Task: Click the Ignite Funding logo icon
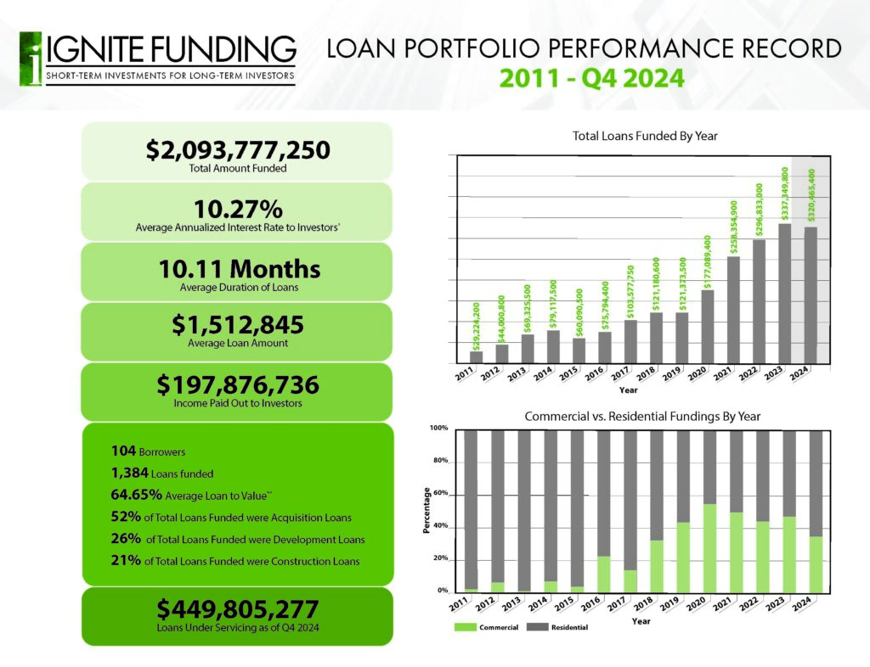[x=31, y=59]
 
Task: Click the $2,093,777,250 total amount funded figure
[x=238, y=150]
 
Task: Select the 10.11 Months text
[x=239, y=270]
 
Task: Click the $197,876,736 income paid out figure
[x=238, y=385]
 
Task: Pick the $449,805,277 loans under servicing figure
[x=238, y=608]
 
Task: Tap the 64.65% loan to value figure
[x=137, y=495]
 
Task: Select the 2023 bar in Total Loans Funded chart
[x=785, y=293]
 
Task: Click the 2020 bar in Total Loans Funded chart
[x=708, y=327]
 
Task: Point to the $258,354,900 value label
[x=733, y=227]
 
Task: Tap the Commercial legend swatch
[x=466, y=627]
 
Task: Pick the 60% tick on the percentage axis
[x=440, y=493]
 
